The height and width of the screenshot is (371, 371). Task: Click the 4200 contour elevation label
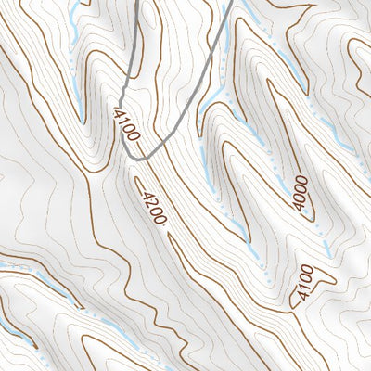pos(153,209)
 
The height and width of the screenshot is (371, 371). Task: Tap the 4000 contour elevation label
pos(300,193)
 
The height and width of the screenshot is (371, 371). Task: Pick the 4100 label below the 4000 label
pos(301,283)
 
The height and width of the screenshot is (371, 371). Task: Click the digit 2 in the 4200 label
pos(150,205)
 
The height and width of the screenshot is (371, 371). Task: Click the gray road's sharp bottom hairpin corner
pos(135,159)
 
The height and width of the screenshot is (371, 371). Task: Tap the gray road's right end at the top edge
pos(229,2)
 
